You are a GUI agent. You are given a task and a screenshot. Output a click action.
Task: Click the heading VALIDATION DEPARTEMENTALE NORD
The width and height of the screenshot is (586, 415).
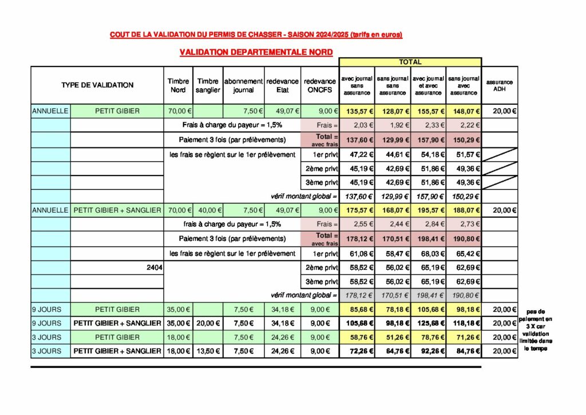[x=256, y=52]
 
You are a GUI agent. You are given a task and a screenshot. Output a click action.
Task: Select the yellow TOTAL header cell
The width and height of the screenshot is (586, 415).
[x=410, y=62]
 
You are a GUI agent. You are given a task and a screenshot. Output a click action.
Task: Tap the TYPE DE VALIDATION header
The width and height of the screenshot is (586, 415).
[x=97, y=85]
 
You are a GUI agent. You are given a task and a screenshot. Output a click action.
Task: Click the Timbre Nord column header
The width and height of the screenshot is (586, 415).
[x=179, y=85]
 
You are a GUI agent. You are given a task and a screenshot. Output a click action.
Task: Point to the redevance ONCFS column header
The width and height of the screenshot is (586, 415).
[x=320, y=85]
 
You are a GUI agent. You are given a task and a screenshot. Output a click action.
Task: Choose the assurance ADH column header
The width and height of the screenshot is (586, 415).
[x=500, y=85]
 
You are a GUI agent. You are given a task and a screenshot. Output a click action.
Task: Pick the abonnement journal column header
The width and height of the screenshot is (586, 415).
[x=243, y=85]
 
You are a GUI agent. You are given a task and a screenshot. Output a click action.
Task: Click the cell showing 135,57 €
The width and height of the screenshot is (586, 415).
[x=357, y=111]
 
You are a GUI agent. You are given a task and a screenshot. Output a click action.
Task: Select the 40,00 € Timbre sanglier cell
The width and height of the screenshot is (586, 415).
[x=208, y=210]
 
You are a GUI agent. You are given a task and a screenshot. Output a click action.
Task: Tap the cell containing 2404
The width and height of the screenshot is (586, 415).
[x=154, y=267]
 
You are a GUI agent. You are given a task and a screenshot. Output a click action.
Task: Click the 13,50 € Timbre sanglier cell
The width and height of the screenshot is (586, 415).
[x=208, y=351]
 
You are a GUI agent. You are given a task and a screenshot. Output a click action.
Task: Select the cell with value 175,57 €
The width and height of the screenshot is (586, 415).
[x=357, y=210]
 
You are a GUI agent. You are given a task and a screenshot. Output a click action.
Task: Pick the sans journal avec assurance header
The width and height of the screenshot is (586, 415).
[x=464, y=85]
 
